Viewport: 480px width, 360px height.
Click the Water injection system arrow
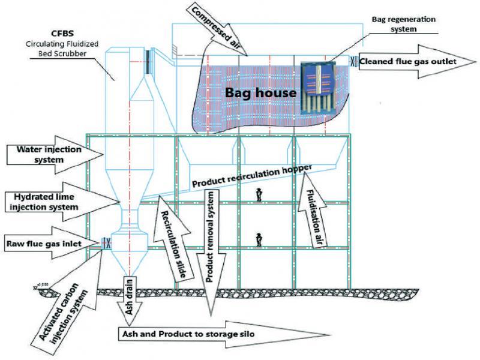click(55, 155)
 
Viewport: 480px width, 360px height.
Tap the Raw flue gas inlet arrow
click(52, 244)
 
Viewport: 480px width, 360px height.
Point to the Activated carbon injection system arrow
click(70, 303)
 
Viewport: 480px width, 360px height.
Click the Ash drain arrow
click(129, 300)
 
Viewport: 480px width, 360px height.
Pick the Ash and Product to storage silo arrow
click(223, 334)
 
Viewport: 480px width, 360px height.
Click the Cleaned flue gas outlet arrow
click(417, 62)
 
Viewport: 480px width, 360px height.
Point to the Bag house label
click(260, 92)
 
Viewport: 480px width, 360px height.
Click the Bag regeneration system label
click(403, 24)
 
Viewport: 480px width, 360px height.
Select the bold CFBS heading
click(63, 33)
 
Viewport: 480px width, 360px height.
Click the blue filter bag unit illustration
click(318, 88)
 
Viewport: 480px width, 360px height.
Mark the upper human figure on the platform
click(259, 194)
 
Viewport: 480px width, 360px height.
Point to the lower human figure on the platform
click(259, 239)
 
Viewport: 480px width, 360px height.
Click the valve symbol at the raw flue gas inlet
click(106, 243)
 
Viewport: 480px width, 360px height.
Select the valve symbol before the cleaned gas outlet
click(354, 62)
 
